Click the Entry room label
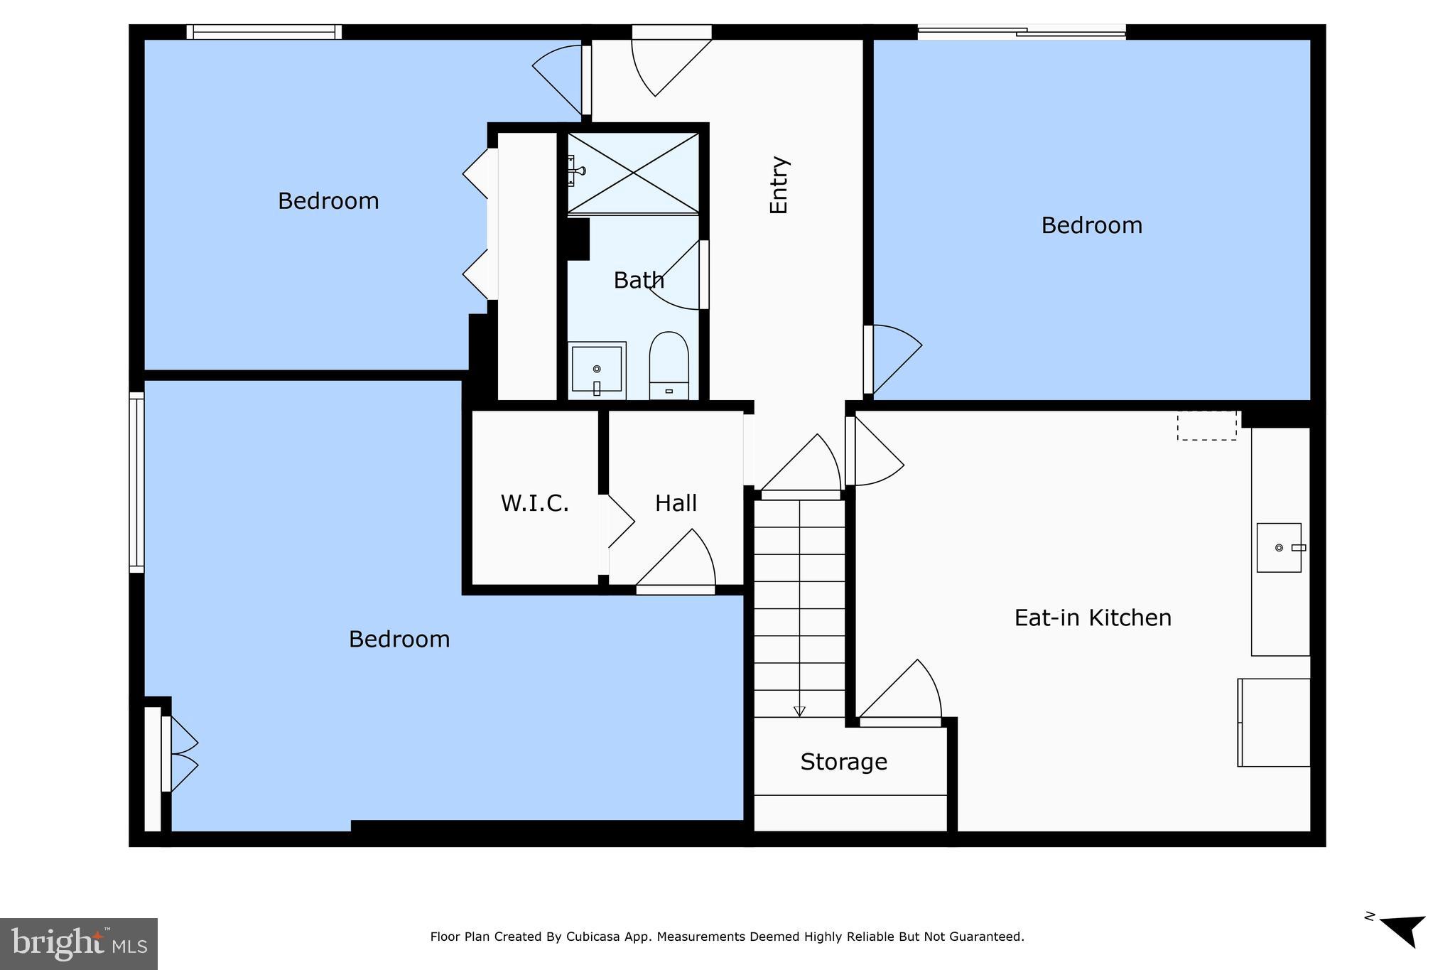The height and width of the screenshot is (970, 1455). tap(779, 185)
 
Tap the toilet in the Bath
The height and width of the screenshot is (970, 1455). tap(669, 365)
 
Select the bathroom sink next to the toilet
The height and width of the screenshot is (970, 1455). tap(597, 370)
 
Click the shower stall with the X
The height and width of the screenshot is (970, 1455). tap(633, 173)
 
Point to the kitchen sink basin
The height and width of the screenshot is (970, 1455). tap(1278, 547)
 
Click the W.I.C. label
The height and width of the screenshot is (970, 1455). tap(534, 503)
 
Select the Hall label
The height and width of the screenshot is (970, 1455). tap(676, 503)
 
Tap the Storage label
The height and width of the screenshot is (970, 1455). tap(843, 762)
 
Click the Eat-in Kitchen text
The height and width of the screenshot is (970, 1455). tap(1092, 618)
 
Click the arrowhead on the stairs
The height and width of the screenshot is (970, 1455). tap(799, 711)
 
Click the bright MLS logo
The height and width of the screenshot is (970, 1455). tap(78, 944)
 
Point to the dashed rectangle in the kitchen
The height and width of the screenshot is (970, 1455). tap(1206, 426)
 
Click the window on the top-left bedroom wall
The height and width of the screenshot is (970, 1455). tap(264, 32)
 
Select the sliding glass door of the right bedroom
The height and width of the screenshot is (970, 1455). tap(1021, 31)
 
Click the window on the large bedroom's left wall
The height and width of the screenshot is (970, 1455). tap(136, 482)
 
